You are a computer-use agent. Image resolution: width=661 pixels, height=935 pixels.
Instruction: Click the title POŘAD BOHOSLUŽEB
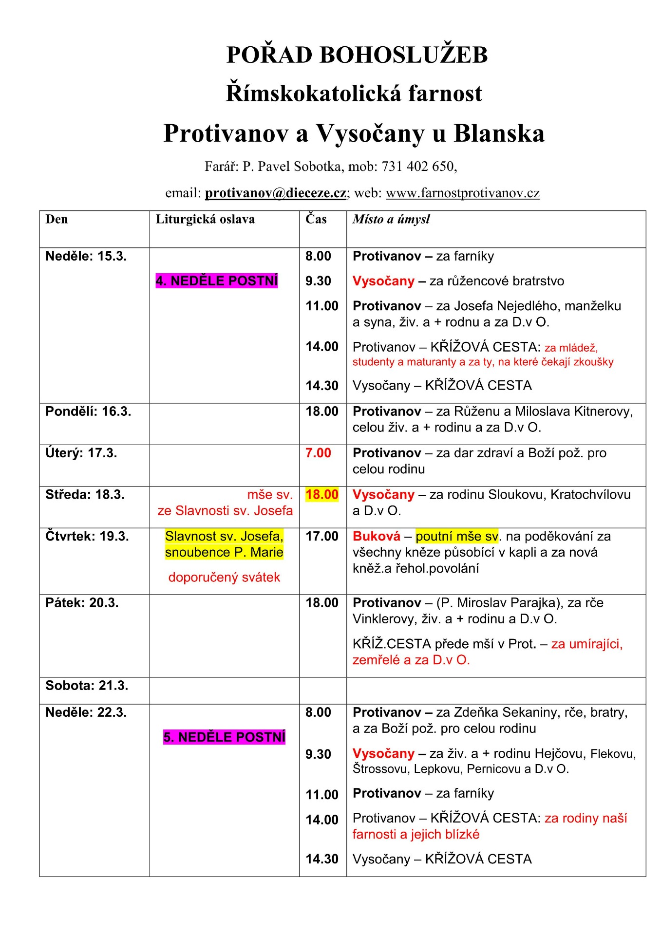tap(357, 55)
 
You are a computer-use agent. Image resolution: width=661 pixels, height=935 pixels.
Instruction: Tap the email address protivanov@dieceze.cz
tap(275, 193)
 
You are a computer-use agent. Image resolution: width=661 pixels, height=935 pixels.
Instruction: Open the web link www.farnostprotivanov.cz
tap(462, 193)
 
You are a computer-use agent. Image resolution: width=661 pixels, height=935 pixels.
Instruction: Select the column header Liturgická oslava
tap(205, 219)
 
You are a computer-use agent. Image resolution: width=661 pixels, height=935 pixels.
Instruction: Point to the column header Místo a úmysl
tap(391, 219)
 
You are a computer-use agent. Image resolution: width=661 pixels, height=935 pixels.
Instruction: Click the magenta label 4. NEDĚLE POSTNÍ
tap(217, 281)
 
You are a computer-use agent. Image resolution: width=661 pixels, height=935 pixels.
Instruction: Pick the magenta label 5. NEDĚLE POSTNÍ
tap(224, 737)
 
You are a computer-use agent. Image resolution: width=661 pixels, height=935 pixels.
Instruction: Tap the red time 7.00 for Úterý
tap(318, 453)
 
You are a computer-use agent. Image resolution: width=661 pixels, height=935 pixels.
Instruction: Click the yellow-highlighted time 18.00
tap(321, 494)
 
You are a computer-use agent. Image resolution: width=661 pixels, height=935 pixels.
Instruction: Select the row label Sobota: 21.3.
tap(87, 686)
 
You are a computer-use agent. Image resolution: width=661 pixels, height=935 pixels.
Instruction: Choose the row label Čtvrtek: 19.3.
tap(87, 536)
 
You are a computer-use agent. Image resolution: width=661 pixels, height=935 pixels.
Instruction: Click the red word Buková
tap(376, 536)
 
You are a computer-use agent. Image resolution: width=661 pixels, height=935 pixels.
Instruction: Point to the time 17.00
tap(321, 536)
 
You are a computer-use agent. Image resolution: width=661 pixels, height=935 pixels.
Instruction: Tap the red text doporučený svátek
tap(224, 577)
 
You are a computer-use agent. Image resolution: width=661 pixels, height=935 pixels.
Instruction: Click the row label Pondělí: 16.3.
tap(88, 411)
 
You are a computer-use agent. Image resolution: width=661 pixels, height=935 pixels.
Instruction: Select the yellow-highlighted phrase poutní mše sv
tap(457, 536)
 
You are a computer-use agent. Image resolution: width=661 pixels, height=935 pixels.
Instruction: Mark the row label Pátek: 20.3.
tap(82, 603)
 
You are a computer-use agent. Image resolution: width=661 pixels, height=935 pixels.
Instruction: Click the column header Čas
tap(316, 219)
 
